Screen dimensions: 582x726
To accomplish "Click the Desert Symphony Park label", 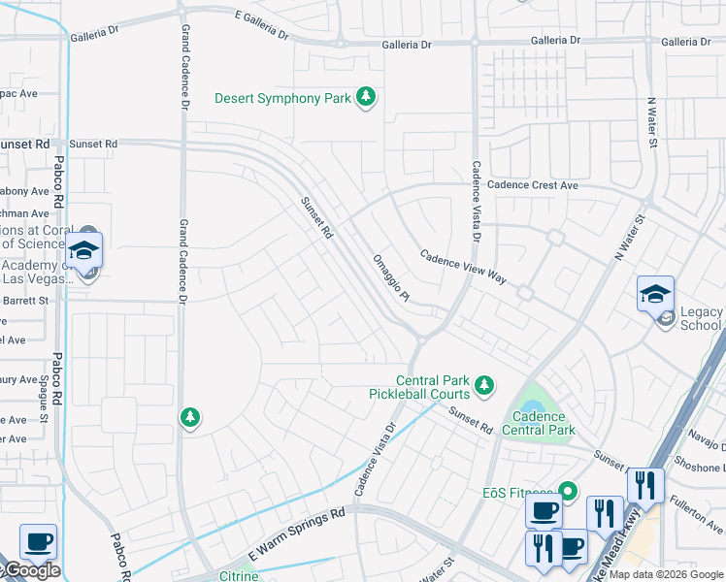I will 281,98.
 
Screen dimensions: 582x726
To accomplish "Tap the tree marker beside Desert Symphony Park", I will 366,97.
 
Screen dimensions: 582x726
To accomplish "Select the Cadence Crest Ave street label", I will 532,184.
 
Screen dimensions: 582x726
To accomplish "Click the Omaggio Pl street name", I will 392,278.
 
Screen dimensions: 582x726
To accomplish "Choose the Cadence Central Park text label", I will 539,423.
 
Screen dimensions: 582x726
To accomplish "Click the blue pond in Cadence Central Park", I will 533,397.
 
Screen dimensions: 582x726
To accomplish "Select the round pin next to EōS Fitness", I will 570,492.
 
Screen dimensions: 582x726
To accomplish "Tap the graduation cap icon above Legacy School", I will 654,293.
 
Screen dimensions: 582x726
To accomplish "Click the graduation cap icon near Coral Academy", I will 84,250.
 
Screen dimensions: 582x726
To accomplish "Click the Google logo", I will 31,570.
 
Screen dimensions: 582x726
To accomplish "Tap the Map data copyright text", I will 665,574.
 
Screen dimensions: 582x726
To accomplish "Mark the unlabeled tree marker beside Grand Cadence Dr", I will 190,418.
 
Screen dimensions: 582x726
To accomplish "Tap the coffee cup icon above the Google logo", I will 38,541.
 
